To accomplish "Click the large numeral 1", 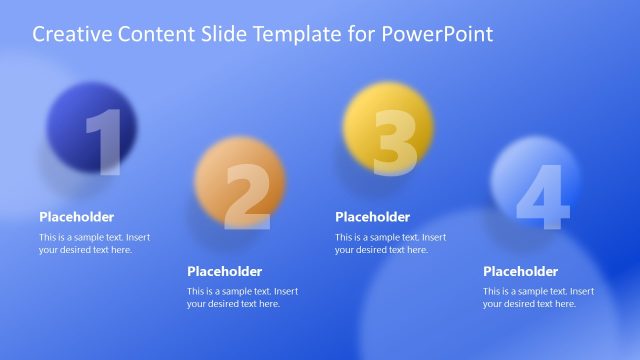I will click(x=104, y=143).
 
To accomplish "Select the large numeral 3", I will click(x=394, y=143).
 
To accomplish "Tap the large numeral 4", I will click(x=542, y=197).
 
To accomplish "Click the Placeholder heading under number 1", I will click(x=77, y=217).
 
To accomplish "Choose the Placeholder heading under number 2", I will click(x=225, y=271).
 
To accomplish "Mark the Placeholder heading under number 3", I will click(x=373, y=217).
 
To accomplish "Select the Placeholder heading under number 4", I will click(x=521, y=271).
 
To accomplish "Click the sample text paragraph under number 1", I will click(x=94, y=244).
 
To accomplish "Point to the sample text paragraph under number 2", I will click(x=242, y=298).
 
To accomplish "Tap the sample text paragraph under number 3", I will click(x=390, y=244).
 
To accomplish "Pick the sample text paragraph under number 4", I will click(x=538, y=298).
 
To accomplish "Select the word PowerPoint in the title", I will click(x=443, y=35).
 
